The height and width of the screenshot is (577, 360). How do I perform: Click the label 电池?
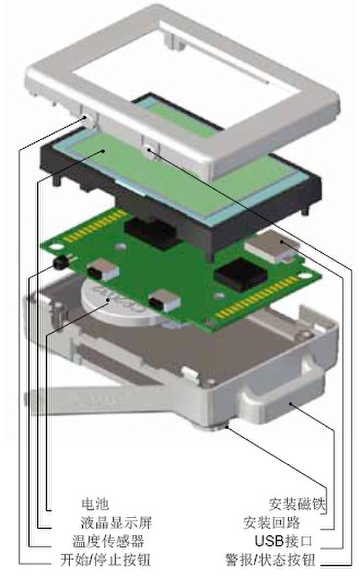tap(95, 504)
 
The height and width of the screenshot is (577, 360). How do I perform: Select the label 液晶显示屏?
tap(116, 522)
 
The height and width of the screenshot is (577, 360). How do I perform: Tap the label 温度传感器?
tap(108, 541)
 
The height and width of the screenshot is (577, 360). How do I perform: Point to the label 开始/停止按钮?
tap(106, 559)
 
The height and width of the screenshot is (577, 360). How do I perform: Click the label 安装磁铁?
tap(297, 504)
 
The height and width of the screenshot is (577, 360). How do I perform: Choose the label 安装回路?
tap(271, 523)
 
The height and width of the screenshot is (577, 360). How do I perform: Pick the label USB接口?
tap(283, 541)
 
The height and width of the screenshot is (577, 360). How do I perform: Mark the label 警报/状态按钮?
tap(270, 559)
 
